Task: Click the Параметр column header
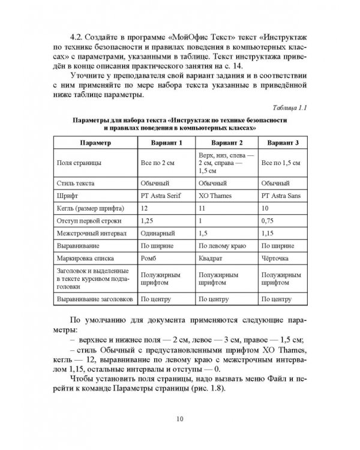94,144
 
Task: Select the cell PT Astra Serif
161,195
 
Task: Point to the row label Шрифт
68,195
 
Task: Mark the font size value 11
201,208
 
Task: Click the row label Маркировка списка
88,259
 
